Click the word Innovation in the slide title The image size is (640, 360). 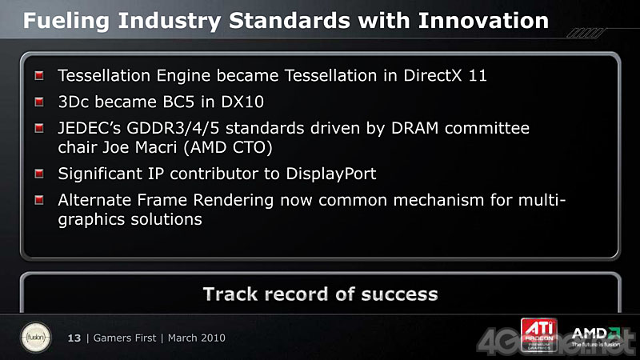[x=483, y=21]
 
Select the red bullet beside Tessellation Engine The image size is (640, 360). [x=39, y=75]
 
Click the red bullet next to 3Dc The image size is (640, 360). [x=39, y=102]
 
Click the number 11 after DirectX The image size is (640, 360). [x=478, y=76]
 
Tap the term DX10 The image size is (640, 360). [x=242, y=102]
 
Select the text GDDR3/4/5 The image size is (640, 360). [x=173, y=129]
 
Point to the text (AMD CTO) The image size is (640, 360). [x=228, y=148]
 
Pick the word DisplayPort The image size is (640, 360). [x=331, y=174]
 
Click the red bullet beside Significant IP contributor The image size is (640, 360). [x=39, y=174]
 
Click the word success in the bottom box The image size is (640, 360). [x=399, y=294]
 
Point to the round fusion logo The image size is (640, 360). [x=36, y=338]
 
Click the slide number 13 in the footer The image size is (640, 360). [x=74, y=338]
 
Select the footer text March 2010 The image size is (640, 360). [x=196, y=338]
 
